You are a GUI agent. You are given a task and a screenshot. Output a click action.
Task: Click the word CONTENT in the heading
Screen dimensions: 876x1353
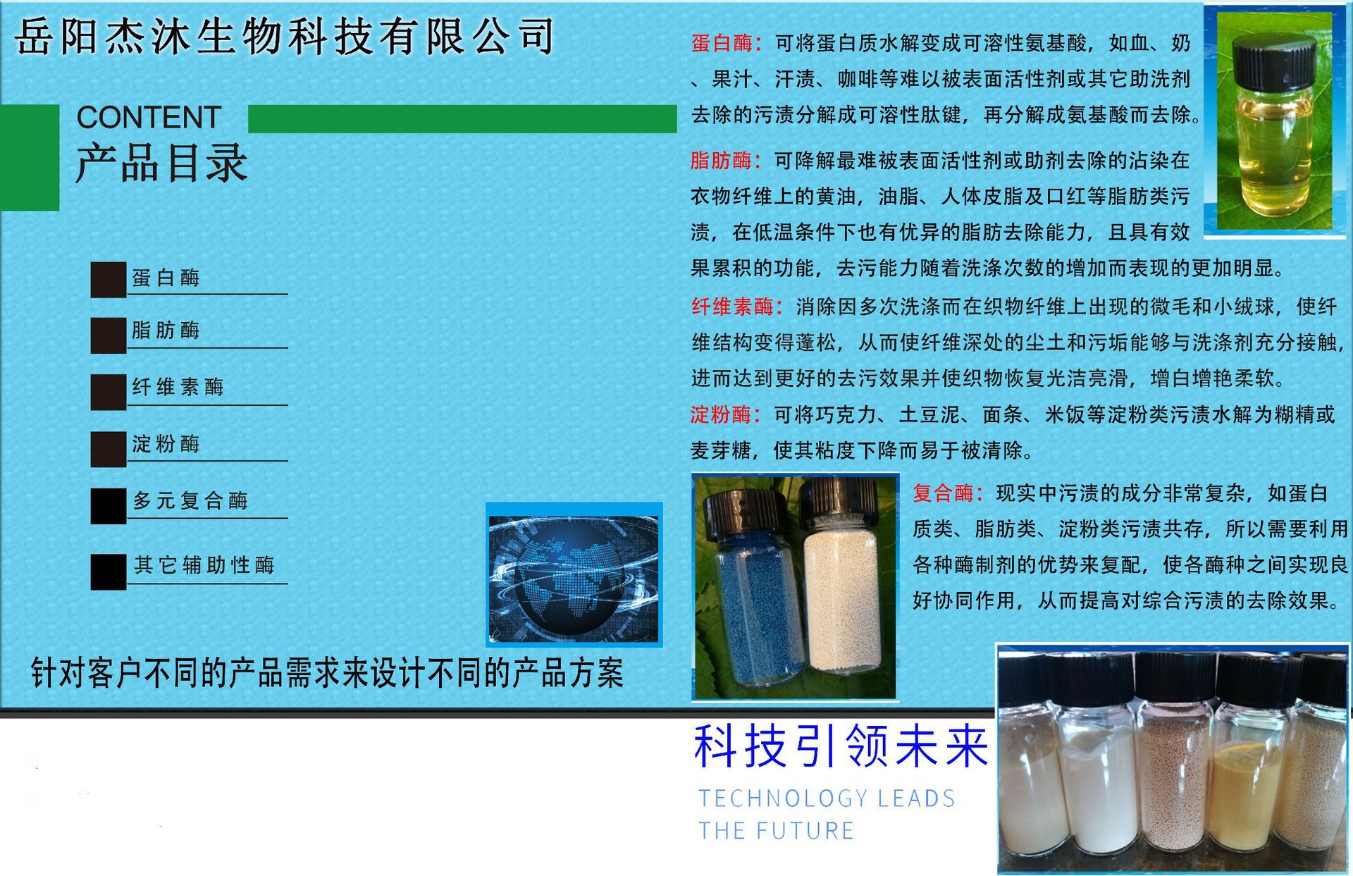(x=149, y=118)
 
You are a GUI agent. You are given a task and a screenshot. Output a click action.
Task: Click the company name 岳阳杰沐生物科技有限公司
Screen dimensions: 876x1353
(x=285, y=37)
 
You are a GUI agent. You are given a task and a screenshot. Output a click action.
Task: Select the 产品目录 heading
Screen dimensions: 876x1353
(x=161, y=164)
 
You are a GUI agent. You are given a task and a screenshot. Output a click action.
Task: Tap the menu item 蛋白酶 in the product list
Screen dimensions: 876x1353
(x=166, y=278)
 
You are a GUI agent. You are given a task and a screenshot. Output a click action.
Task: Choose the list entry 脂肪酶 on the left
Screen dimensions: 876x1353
(x=166, y=330)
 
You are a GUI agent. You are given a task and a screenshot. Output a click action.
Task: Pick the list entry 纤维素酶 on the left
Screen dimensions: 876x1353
(x=178, y=387)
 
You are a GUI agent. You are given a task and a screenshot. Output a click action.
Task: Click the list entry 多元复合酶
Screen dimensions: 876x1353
(x=190, y=500)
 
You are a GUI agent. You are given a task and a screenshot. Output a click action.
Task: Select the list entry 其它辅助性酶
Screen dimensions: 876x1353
(x=204, y=565)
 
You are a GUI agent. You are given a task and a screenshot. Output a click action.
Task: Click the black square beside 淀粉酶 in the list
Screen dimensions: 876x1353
(x=108, y=449)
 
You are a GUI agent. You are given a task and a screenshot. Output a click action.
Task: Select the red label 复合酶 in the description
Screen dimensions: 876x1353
(x=943, y=493)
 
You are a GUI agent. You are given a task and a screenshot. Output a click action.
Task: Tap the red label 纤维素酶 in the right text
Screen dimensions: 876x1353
(x=732, y=307)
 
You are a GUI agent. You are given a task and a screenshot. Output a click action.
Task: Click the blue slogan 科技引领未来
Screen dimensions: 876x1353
(x=841, y=747)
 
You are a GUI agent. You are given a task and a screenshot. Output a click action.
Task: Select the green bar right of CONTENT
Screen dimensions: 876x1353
(x=462, y=119)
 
